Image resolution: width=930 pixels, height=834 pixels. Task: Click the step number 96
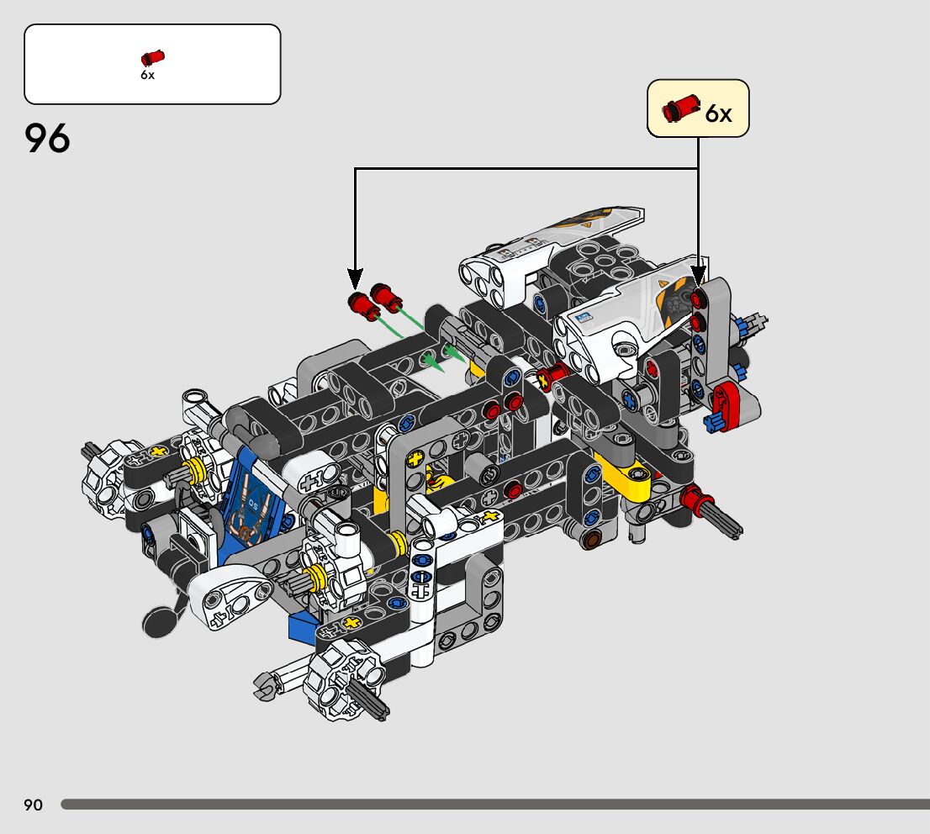tap(47, 138)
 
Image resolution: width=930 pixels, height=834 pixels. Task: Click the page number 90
tap(34, 805)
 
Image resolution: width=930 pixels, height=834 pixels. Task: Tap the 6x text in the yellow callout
tap(718, 113)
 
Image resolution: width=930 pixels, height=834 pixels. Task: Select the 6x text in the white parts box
tap(148, 75)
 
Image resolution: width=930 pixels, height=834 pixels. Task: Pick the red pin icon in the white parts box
tap(152, 57)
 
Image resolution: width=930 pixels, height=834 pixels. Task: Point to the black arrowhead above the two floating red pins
tap(355, 278)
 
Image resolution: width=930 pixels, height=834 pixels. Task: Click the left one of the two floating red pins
tap(363, 306)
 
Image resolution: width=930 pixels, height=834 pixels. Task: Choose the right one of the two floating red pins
tap(386, 297)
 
